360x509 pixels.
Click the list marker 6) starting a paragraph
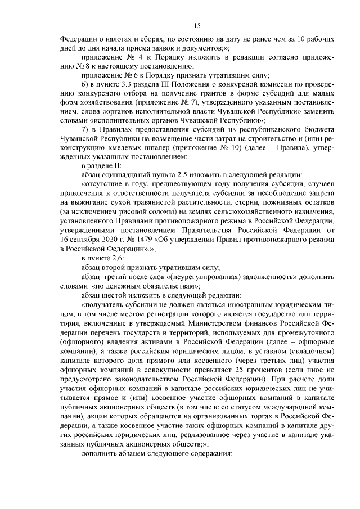[x=86, y=84]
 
